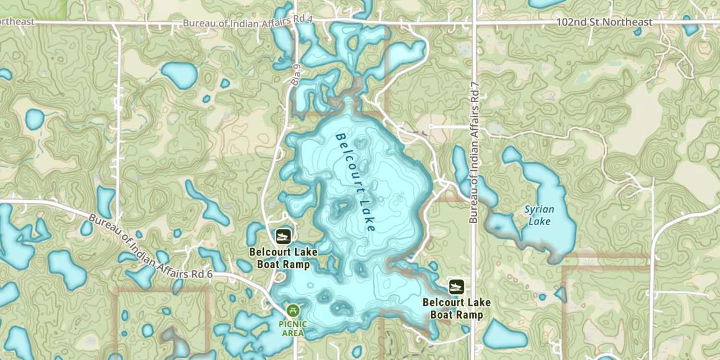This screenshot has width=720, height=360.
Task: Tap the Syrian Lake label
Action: tap(539, 215)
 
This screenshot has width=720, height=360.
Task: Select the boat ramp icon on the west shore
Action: tap(283, 236)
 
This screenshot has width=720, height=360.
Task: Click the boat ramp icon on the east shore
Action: tap(456, 287)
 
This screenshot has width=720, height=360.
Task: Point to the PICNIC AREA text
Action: tap(293, 328)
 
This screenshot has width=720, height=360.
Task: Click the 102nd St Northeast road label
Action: tap(604, 23)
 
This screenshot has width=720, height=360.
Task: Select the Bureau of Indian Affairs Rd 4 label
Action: tap(248, 23)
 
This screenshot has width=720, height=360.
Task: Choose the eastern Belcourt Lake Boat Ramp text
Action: tap(456, 308)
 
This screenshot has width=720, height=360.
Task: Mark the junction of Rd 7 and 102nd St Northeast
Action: tap(474, 23)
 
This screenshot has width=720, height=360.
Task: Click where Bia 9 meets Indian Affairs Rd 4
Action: tap(295, 23)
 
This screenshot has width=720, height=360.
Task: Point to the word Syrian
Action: tap(539, 209)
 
